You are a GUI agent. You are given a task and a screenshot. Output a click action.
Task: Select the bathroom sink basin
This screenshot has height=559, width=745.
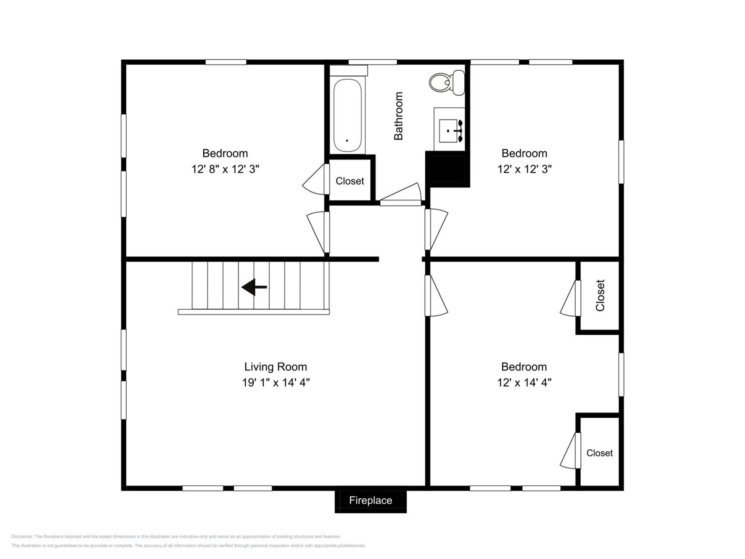(448, 131)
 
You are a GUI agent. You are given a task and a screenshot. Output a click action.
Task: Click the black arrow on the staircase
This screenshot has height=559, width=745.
(254, 287)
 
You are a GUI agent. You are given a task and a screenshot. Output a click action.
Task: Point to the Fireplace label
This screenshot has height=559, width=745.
(371, 500)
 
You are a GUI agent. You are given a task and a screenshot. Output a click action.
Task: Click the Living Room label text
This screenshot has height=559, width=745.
(275, 367)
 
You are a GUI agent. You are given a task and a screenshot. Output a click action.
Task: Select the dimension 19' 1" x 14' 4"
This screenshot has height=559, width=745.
(276, 382)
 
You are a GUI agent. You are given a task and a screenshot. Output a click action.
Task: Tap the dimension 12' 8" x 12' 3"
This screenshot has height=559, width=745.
(225, 169)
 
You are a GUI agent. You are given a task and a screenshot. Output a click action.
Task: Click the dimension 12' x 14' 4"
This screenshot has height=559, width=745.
(524, 382)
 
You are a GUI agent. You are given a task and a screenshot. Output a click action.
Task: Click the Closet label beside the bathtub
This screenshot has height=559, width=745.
(350, 181)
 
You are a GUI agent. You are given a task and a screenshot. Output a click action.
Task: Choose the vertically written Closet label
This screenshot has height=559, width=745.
(600, 295)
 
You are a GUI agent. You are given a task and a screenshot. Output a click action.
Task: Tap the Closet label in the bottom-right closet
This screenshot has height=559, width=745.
(599, 453)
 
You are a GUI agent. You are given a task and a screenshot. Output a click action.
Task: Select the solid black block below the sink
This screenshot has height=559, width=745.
(447, 169)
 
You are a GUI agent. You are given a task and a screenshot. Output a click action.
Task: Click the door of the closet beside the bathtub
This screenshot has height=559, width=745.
(316, 179)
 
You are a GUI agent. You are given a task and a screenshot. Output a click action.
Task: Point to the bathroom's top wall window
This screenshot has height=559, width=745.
(372, 62)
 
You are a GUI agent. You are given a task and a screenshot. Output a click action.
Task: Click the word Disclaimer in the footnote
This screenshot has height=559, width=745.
(22, 536)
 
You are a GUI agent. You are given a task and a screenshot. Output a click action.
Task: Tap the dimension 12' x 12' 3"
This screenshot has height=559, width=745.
(524, 169)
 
